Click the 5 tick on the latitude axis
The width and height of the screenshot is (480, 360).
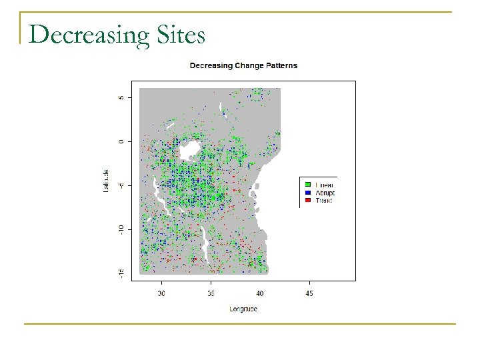pos(121,97)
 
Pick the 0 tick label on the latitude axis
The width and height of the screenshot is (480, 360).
pos(121,141)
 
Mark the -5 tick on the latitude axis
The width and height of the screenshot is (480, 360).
pos(121,185)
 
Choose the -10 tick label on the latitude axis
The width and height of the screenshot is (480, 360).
pos(121,229)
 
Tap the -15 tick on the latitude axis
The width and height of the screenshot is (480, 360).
pos(121,273)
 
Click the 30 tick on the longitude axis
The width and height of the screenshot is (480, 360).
pos(161,293)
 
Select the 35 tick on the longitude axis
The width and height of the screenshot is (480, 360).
pos(211,293)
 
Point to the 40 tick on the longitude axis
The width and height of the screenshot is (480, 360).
pos(260,293)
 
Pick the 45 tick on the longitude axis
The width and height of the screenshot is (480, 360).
pos(309,293)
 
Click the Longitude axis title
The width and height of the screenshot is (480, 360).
pos(243,309)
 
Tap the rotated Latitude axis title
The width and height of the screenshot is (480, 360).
pos(105,182)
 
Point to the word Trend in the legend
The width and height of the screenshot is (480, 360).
pos(323,199)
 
